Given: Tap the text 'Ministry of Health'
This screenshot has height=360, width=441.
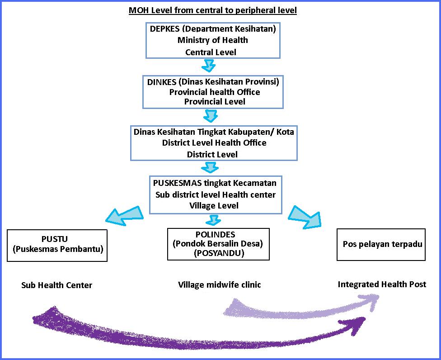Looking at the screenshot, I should pyautogui.click(x=212, y=40).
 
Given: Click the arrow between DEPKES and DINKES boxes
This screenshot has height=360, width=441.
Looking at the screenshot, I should pyautogui.click(x=208, y=66).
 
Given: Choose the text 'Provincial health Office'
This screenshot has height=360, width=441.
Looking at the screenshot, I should pyautogui.click(x=215, y=92).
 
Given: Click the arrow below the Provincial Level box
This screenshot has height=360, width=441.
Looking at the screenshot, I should pyautogui.click(x=211, y=116).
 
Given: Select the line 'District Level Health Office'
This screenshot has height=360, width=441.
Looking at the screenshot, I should pyautogui.click(x=214, y=143).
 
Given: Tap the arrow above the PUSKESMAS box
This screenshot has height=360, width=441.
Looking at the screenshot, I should pyautogui.click(x=211, y=167).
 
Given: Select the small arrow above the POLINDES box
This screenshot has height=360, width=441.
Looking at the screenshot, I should pyautogui.click(x=213, y=221).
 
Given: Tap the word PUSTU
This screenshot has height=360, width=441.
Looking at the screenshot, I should pyautogui.click(x=57, y=239).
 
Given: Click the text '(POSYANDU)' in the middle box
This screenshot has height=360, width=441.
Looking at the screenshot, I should pyautogui.click(x=219, y=253).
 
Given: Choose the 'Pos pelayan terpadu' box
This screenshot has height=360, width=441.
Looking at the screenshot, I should pyautogui.click(x=381, y=244).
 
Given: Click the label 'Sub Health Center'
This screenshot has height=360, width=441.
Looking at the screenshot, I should pyautogui.click(x=56, y=285).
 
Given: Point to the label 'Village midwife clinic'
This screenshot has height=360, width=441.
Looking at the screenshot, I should pyautogui.click(x=220, y=285).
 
